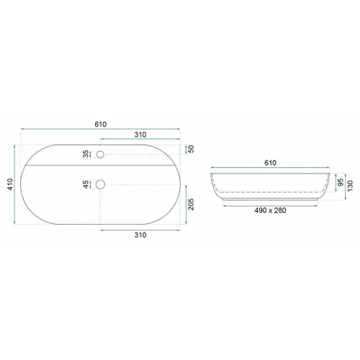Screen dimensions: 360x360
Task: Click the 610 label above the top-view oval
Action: (x=100, y=125)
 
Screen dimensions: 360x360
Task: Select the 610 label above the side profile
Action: (x=271, y=163)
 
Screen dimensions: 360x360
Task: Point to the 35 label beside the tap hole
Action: (x=86, y=154)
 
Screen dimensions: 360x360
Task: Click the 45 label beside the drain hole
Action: (x=86, y=185)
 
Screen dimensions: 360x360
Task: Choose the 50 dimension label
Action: (x=191, y=149)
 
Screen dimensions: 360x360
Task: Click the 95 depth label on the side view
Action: (x=339, y=182)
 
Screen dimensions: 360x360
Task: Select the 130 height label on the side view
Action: (x=349, y=186)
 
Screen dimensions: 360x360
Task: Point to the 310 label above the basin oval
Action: (x=140, y=135)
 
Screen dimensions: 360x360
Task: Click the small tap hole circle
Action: (x=101, y=153)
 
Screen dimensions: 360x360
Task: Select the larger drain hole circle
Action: (x=101, y=184)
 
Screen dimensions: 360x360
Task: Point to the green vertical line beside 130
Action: (x=343, y=186)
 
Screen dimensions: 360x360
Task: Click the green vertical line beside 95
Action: (x=334, y=182)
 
